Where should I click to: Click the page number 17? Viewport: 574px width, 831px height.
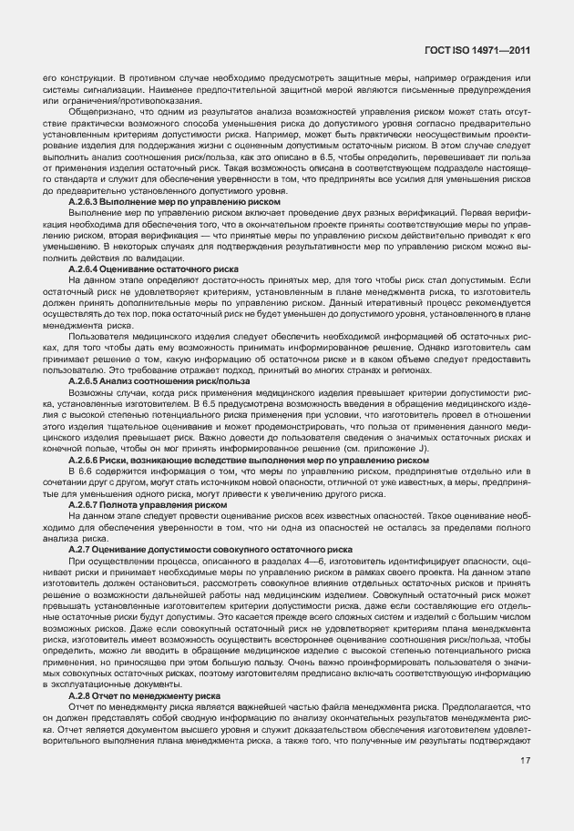pos(526,762)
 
